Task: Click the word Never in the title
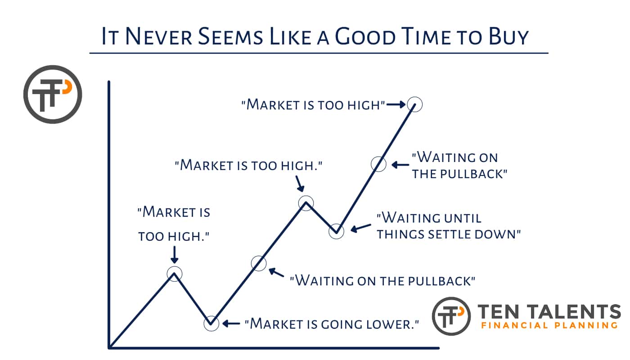click(158, 36)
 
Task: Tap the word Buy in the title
click(508, 37)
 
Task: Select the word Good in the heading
click(365, 36)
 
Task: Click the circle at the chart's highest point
click(414, 104)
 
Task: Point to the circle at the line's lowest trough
click(211, 324)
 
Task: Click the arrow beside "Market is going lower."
click(231, 324)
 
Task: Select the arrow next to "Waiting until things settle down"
click(361, 228)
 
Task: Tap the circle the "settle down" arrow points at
click(336, 231)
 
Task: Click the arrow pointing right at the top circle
click(396, 104)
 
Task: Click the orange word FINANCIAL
click(514, 325)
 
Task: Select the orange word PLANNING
click(586, 325)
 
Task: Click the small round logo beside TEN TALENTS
click(451, 316)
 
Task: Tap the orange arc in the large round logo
click(68, 86)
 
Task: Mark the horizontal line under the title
click(319, 53)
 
